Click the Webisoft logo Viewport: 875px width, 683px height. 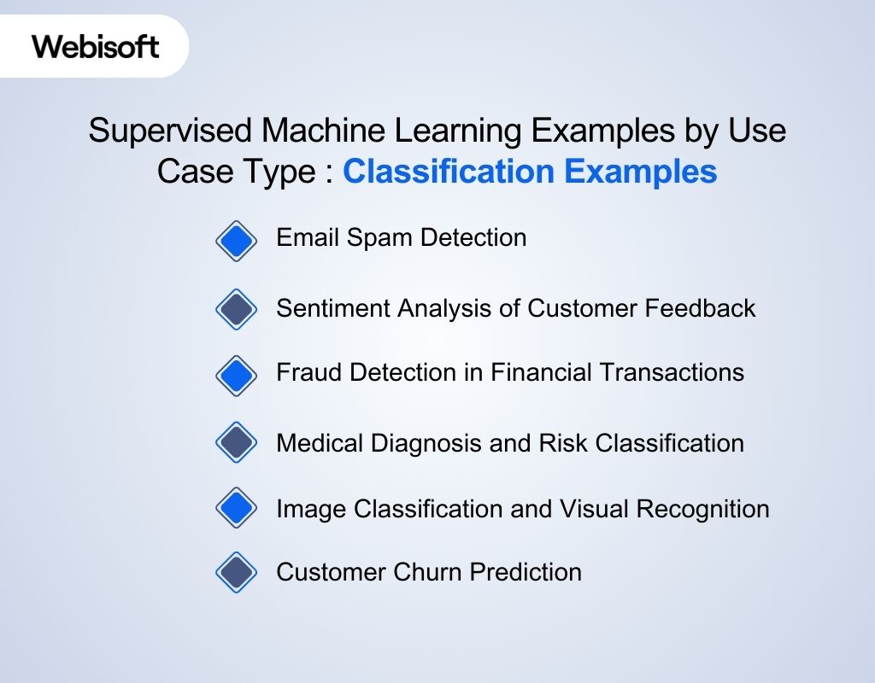[x=96, y=46]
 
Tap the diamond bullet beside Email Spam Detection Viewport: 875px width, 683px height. [x=236, y=241]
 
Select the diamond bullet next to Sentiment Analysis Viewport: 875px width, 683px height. [x=236, y=309]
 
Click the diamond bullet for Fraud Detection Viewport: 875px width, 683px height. [x=236, y=374]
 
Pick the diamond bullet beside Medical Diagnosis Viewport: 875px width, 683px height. [x=236, y=442]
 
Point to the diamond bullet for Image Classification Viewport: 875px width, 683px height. [x=236, y=509]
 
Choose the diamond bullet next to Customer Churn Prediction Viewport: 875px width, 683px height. [x=236, y=572]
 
